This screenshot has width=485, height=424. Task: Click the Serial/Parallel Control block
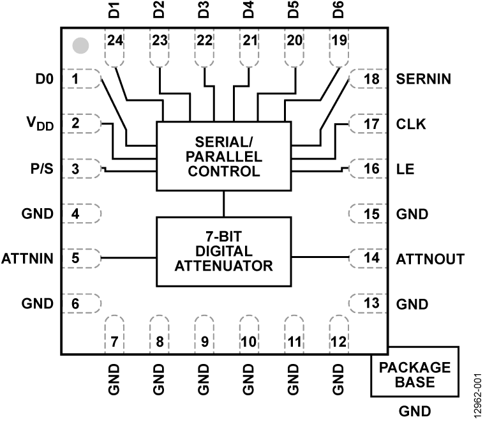pos(223,156)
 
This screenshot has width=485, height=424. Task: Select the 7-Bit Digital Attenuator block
pos(223,251)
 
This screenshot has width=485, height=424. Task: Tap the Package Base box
pos(414,375)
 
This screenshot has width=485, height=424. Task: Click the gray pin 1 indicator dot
pos(80,45)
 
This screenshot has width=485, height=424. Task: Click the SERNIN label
pos(424,79)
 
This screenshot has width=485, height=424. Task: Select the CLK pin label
pos(411,123)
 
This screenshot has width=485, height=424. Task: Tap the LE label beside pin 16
pos(405,169)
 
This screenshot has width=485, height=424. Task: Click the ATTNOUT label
pos(430,259)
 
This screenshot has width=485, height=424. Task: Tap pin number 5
pos(75,258)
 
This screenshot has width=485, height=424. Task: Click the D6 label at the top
pos(338,11)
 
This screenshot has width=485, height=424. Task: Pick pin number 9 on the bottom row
pos(204,341)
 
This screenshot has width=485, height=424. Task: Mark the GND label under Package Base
pos(414,411)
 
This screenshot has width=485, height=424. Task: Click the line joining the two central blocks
pos(223,204)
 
